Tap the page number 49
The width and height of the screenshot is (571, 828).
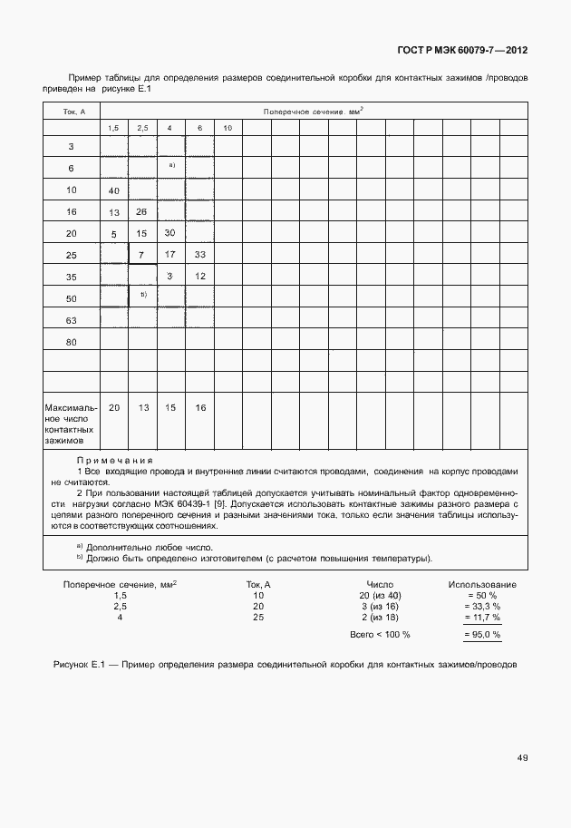pyautogui.click(x=523, y=757)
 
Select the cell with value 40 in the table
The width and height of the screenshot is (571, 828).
pyautogui.click(x=114, y=190)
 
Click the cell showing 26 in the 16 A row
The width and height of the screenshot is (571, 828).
pyautogui.click(x=142, y=211)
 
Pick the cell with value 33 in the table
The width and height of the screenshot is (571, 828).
pyautogui.click(x=199, y=254)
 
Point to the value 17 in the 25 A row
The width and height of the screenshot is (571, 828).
pyautogui.click(x=170, y=254)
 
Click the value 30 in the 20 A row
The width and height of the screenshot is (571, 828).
pyautogui.click(x=170, y=233)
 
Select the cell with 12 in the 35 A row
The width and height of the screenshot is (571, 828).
pyautogui.click(x=199, y=276)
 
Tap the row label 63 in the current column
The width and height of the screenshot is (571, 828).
pyautogui.click(x=71, y=320)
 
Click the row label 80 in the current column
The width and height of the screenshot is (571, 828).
pyautogui.click(x=71, y=342)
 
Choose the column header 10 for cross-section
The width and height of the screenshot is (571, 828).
pyautogui.click(x=227, y=128)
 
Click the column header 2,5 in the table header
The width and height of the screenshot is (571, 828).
pyautogui.click(x=142, y=128)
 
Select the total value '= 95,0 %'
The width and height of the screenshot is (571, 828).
pyautogui.click(x=482, y=635)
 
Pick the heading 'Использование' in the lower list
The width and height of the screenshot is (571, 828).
pyautogui.click(x=482, y=585)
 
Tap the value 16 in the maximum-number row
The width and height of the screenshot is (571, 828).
pyautogui.click(x=199, y=407)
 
